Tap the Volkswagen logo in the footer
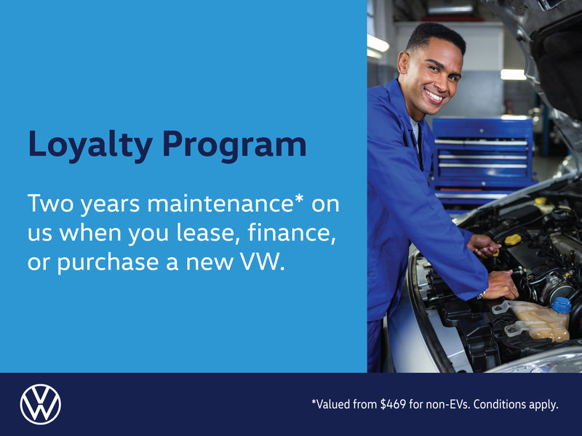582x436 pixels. [41, 404]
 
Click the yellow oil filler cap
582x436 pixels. [513, 240]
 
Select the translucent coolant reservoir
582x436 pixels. [538, 320]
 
